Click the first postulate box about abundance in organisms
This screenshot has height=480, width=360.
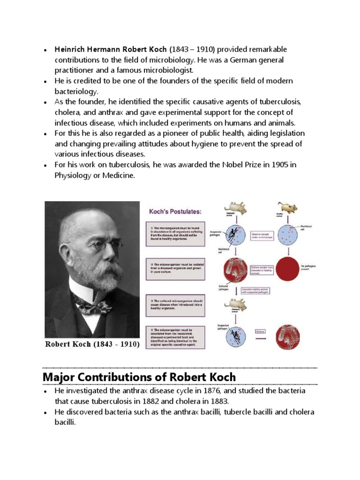(173, 232)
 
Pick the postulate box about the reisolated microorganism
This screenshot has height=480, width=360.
(173, 337)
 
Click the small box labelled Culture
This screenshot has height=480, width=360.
(261, 331)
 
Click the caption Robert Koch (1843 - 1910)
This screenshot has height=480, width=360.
(92, 345)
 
